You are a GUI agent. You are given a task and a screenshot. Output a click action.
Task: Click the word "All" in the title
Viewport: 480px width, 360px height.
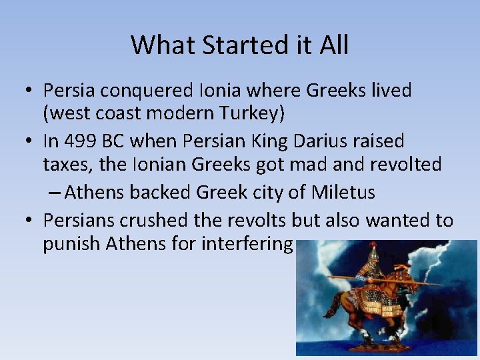pos(335,45)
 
